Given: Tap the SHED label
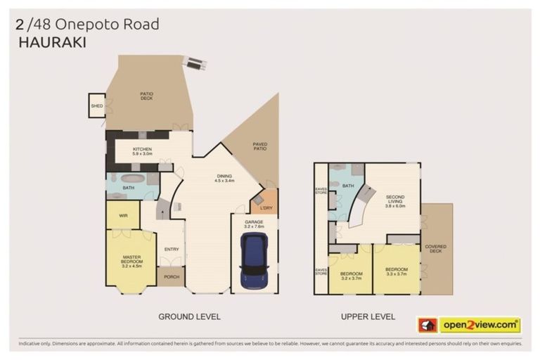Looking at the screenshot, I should [96, 107].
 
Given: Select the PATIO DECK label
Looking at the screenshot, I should [146, 96].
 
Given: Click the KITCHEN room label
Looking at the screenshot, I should [142, 151].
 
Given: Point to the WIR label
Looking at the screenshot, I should [122, 215].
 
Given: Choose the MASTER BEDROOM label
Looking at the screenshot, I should [131, 261].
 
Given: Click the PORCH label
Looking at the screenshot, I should [171, 276].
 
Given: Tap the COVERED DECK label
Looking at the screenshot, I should [435, 249].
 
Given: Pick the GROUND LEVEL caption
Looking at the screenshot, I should [189, 317].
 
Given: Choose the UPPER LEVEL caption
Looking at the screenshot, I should [368, 317].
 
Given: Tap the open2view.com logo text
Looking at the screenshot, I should [480, 325].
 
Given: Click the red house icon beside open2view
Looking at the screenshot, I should [427, 325].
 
